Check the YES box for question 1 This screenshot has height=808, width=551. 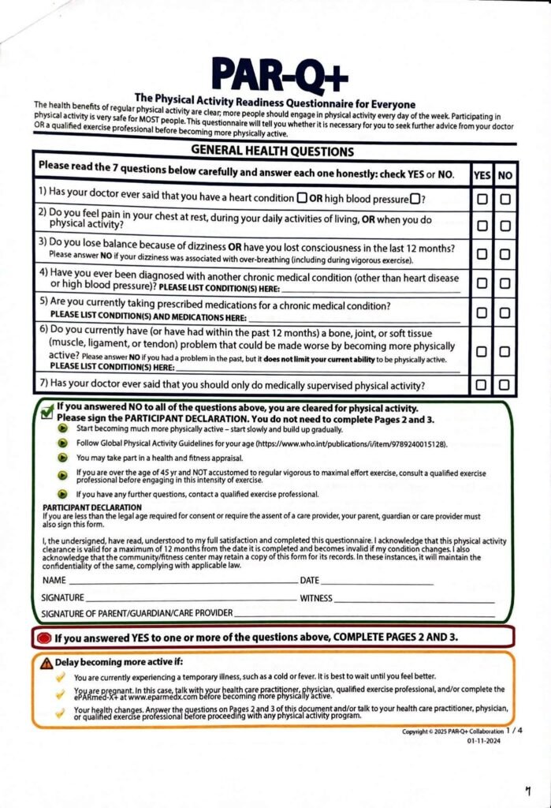pos(482,200)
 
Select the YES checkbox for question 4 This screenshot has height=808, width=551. pos(482,282)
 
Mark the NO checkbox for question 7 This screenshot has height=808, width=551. pos(504,385)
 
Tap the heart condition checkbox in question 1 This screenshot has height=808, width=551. pos(302,197)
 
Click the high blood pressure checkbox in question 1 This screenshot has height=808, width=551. pos(414,197)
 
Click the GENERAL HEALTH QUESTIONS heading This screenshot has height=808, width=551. pos(272,151)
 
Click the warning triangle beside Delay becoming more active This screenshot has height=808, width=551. pos(47,662)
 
